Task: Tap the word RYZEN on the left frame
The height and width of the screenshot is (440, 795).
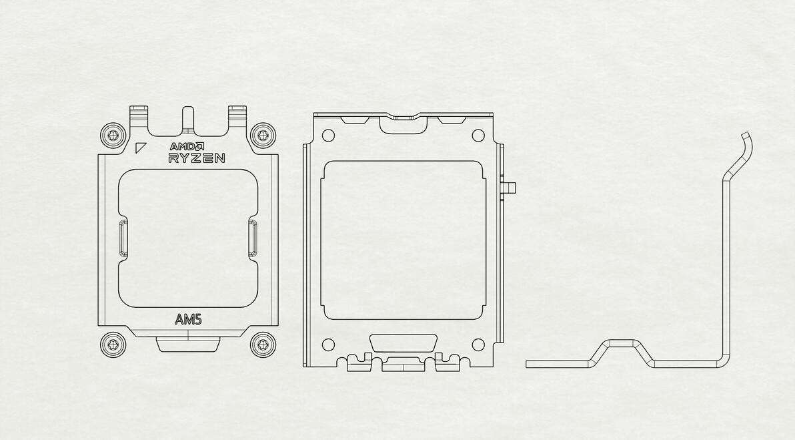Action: (196, 158)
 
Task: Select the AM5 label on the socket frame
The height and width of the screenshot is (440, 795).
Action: (189, 320)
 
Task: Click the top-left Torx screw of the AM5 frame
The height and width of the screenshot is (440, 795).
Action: (113, 136)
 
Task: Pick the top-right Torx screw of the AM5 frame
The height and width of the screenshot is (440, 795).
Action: (263, 136)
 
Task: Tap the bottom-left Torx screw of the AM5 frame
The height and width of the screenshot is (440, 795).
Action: (113, 345)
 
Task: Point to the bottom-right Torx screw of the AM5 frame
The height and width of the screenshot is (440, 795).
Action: (263, 345)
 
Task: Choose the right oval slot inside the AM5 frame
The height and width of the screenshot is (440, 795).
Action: (253, 238)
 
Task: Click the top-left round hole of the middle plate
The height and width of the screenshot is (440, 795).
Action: (328, 136)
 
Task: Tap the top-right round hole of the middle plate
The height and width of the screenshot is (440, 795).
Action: (478, 136)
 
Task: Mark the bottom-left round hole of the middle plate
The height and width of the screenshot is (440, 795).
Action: (328, 345)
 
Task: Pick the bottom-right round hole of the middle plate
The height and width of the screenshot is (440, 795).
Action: (478, 345)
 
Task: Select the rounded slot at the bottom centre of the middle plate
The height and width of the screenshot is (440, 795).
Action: (403, 343)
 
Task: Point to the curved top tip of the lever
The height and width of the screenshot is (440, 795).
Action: (747, 138)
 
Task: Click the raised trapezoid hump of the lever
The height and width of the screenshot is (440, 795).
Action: (624, 345)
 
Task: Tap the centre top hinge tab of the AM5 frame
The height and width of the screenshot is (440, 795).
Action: (188, 119)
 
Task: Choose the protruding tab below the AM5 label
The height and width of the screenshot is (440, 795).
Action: (188, 345)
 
